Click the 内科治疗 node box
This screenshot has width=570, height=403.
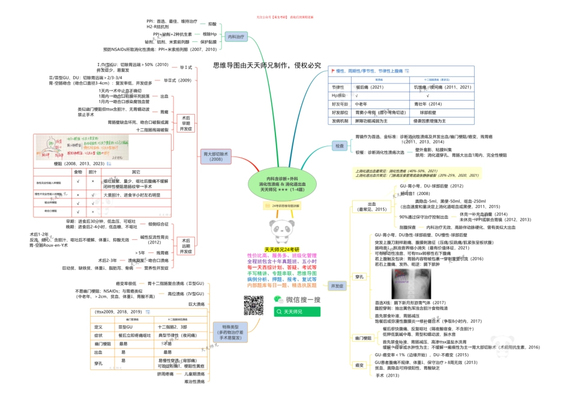pyautogui.click(x=236, y=37)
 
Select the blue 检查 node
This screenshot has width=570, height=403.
pyautogui.click(x=340, y=145)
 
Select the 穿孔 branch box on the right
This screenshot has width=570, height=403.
pyautogui.click(x=359, y=277)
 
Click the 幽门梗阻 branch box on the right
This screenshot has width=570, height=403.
pyautogui.click(x=362, y=339)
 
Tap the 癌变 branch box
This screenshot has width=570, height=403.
pyautogui.click(x=359, y=365)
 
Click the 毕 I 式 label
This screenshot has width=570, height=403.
pyautogui.click(x=182, y=68)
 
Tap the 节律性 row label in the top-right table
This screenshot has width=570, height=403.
pyautogui.click(x=338, y=87)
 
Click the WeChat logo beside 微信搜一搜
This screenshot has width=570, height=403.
pyautogui.click(x=278, y=299)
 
